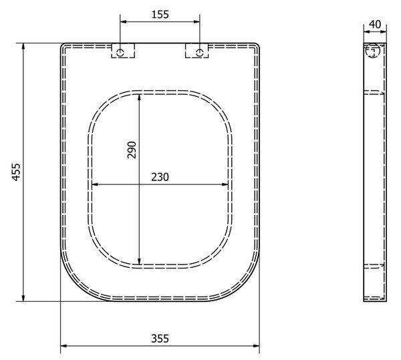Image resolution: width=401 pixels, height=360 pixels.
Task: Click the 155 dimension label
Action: pyautogui.click(x=160, y=15)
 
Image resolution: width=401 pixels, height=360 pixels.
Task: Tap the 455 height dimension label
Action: pyautogui.click(x=16, y=172)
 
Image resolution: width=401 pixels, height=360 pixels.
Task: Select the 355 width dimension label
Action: pyautogui.click(x=160, y=339)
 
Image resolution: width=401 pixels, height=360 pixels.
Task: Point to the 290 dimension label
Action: pyautogui.click(x=132, y=150)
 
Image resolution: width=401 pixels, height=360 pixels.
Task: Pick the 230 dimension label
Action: pyautogui.click(x=160, y=177)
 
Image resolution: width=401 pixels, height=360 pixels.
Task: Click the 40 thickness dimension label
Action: pyautogui.click(x=375, y=24)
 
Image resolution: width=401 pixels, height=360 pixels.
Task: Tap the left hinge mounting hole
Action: pyautogui.click(x=120, y=53)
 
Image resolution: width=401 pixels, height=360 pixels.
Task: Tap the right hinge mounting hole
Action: pyautogui.click(x=200, y=53)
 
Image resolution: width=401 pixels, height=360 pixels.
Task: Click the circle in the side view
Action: pyautogui.click(x=373, y=50)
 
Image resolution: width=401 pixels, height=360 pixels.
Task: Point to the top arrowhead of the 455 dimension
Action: pyautogui.click(x=23, y=46)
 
